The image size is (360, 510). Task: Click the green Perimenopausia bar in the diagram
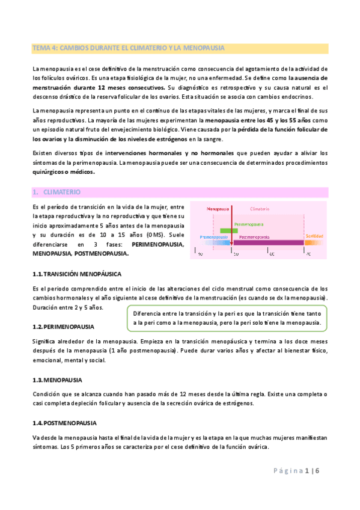click(229, 230)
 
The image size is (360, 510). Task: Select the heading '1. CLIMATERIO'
click(58, 192)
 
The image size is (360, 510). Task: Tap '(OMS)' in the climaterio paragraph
click(150, 235)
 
